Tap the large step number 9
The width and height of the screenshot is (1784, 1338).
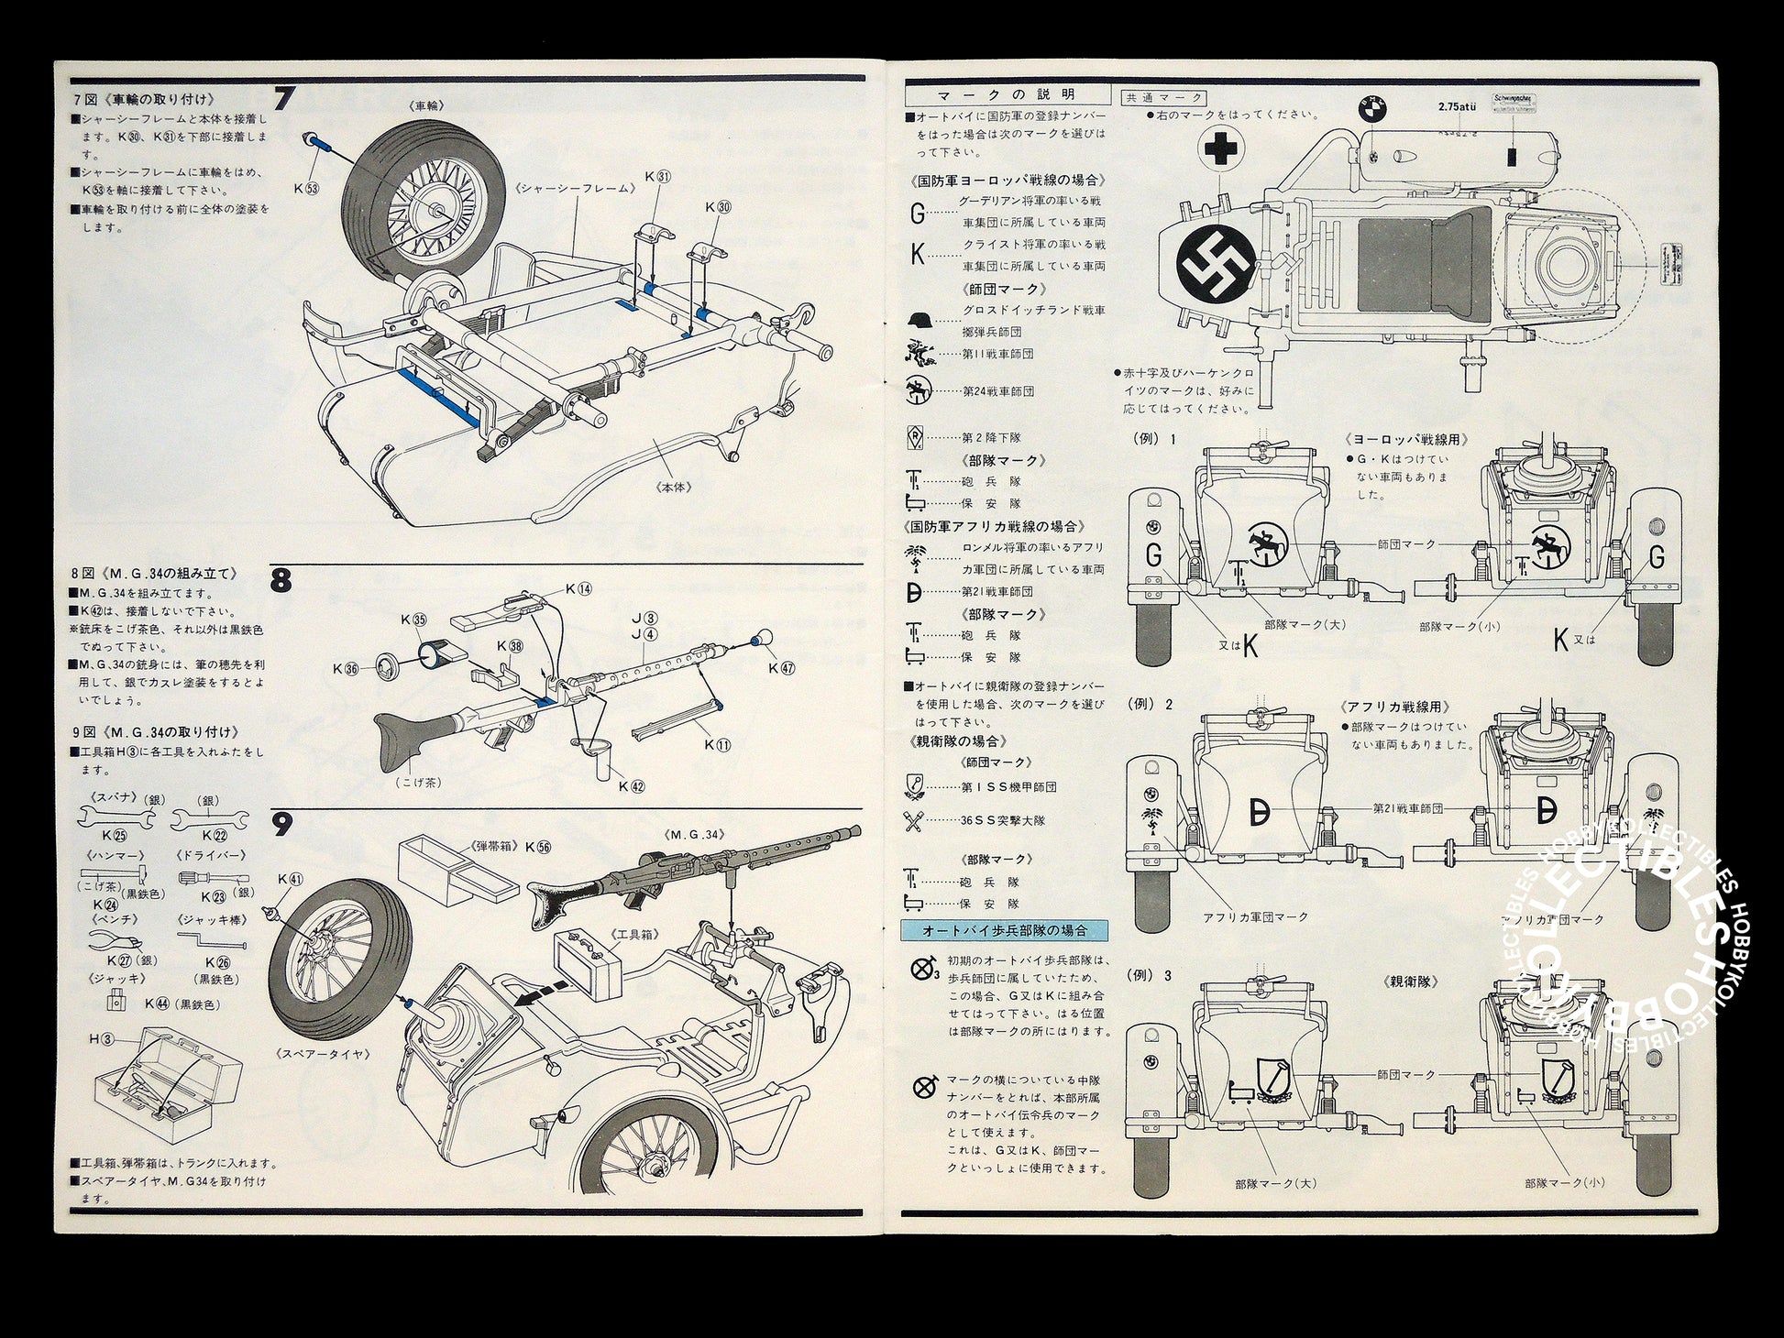(x=282, y=826)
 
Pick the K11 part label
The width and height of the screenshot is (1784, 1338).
(x=718, y=745)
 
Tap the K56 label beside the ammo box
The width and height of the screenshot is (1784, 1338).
(x=538, y=847)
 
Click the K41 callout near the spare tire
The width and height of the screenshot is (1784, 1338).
(x=290, y=880)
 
